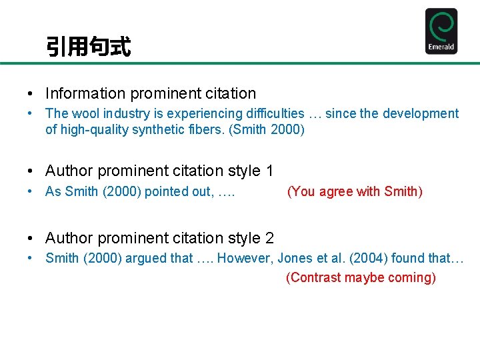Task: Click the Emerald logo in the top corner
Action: click(441, 31)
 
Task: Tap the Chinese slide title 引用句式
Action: click(88, 47)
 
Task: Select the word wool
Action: click(86, 114)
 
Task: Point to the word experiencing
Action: click(201, 114)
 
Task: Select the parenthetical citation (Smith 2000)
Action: click(267, 130)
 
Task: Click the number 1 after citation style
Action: click(269, 171)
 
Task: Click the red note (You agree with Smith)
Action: click(355, 192)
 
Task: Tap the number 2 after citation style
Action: click(269, 238)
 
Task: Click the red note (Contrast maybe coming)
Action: click(361, 278)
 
